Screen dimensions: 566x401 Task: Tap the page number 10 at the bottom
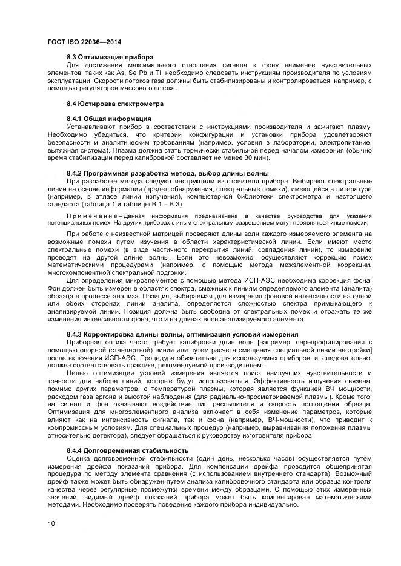tap(51, 523)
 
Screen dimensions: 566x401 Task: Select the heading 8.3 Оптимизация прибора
tap(101, 57)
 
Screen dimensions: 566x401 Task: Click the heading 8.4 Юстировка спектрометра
tap(107, 104)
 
